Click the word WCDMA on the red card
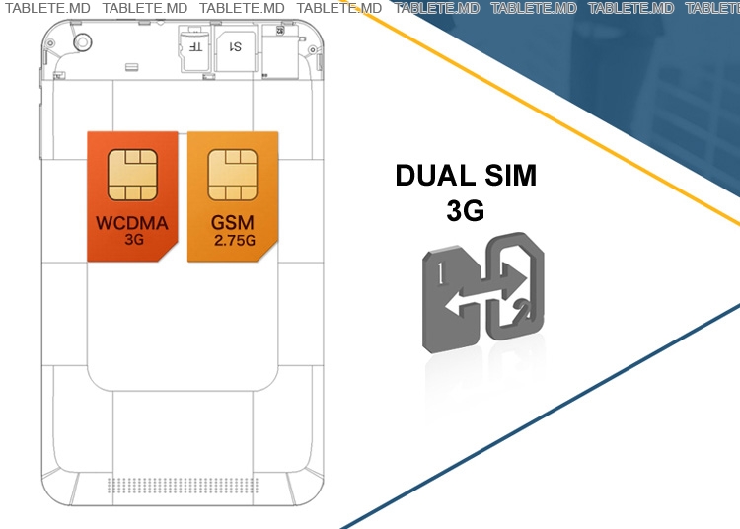click(x=132, y=223)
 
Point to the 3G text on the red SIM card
click(x=134, y=238)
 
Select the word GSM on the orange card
click(x=233, y=223)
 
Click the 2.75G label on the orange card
click(x=234, y=238)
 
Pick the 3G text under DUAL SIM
click(x=466, y=211)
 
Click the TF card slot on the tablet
click(x=195, y=46)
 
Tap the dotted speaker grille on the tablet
click(x=183, y=485)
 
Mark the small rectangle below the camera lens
click(x=130, y=67)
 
